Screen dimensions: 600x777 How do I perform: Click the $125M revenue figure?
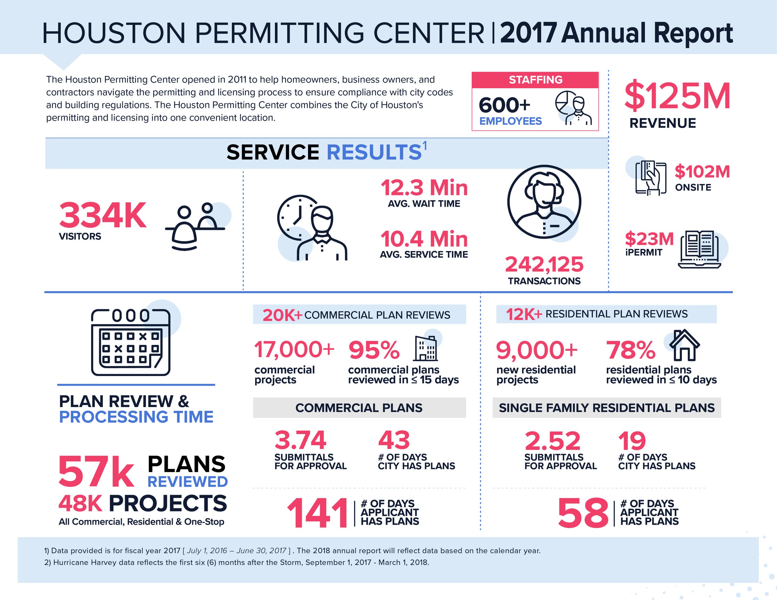677,96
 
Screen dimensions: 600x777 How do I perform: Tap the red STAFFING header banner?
535,80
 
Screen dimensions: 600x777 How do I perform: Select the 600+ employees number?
504,105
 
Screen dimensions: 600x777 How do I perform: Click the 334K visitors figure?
103,216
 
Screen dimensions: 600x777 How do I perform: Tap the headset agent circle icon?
544,202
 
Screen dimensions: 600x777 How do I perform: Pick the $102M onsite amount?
702,172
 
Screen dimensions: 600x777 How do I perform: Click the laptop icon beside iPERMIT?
699,250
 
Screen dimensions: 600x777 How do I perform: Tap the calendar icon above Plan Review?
131,342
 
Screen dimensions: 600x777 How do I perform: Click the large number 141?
317,513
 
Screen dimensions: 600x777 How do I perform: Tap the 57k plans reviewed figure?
96,472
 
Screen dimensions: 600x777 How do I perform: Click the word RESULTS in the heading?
374,153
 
